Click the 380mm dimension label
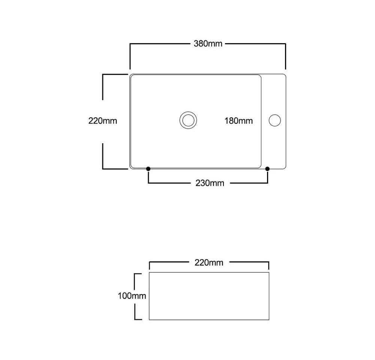click(208, 44)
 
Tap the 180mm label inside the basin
click(238, 121)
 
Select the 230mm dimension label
click(210, 183)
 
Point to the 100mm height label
click(132, 296)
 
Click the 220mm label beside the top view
click(103, 121)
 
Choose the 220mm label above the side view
click(209, 262)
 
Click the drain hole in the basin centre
click(188, 120)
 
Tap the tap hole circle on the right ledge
click(275, 120)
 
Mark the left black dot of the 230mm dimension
click(148, 169)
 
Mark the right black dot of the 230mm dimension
click(267, 169)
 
